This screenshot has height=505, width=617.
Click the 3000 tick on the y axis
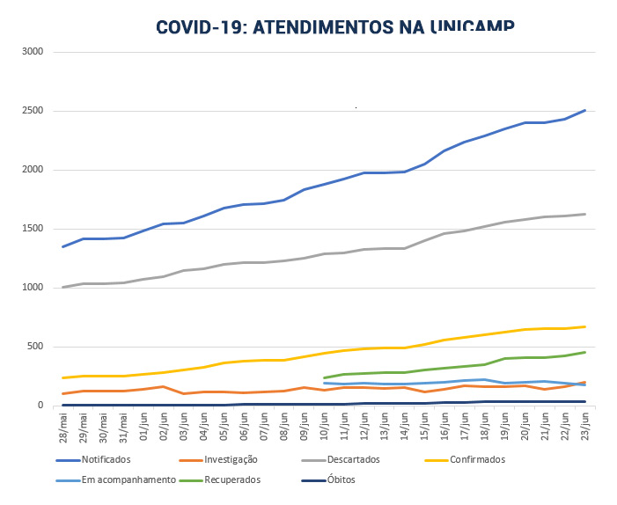(33, 52)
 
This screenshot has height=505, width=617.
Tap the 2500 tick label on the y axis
(33, 111)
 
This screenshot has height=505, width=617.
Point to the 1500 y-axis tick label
(33, 229)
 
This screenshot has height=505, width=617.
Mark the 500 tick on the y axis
(35, 347)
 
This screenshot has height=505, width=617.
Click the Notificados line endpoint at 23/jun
(585, 110)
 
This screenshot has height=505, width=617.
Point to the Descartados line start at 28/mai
(63, 287)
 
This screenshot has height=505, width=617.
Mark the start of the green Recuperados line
(325, 377)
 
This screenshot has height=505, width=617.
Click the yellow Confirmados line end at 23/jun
(585, 326)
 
